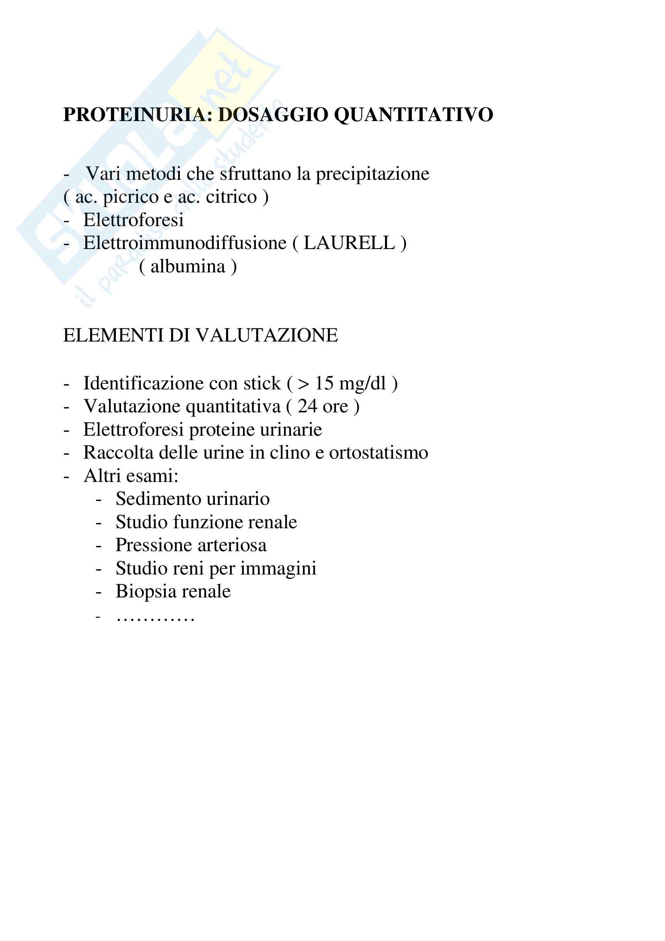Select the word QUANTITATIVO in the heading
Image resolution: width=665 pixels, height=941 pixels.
(414, 115)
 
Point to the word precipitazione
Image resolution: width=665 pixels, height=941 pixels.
(373, 174)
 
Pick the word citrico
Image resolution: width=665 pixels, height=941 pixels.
(231, 197)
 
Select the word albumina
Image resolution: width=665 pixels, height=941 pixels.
(187, 267)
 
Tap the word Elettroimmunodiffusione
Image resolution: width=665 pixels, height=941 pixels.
(185, 243)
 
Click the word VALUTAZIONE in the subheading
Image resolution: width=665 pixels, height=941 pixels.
(267, 335)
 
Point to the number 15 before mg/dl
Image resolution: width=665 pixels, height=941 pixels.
(324, 384)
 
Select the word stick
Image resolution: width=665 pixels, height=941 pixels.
(262, 384)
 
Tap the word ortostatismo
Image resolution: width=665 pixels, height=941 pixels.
(379, 453)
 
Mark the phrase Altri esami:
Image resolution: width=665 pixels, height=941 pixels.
(131, 476)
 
